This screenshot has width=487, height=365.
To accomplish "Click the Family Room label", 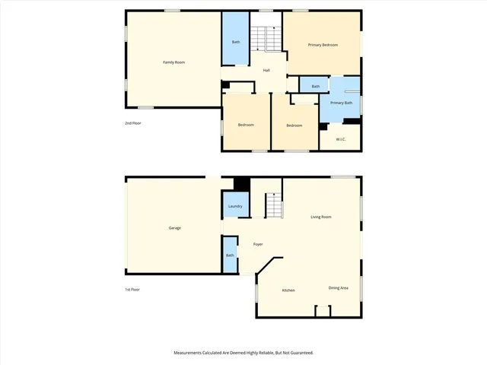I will click(174, 62).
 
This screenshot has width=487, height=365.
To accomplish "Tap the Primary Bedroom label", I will click(323, 46).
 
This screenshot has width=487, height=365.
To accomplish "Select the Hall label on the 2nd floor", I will click(266, 71).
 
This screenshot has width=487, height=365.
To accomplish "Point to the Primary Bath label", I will click(341, 103).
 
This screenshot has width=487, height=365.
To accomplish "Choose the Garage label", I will click(174, 228).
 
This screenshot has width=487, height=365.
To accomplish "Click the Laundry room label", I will click(235, 206).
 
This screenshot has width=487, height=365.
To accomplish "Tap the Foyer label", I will click(258, 243).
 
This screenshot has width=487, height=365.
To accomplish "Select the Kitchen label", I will click(288, 290).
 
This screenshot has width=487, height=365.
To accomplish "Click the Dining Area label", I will click(339, 287).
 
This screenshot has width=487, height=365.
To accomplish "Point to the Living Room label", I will click(321, 217).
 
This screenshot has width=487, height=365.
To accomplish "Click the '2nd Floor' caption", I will click(133, 122).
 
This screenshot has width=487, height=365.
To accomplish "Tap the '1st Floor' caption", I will click(133, 289).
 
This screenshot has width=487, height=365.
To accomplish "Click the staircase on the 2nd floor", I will click(266, 39).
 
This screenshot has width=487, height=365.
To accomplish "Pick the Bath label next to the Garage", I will click(230, 255).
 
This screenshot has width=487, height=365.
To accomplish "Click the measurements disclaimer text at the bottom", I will click(243, 353).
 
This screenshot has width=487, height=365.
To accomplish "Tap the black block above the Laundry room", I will click(241, 185).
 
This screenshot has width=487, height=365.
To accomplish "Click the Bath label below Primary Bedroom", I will click(315, 86).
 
